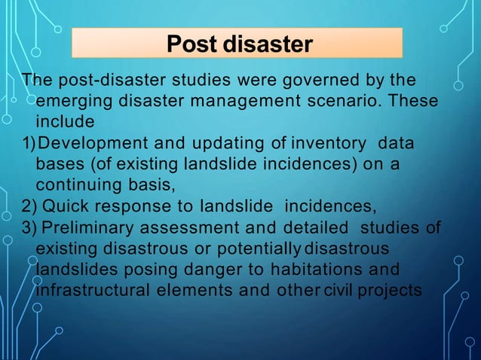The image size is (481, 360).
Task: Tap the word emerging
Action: (69, 101)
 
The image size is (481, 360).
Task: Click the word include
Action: (64, 121)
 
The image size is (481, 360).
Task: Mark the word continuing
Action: (74, 184)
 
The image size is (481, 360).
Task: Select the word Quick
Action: (63, 205)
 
